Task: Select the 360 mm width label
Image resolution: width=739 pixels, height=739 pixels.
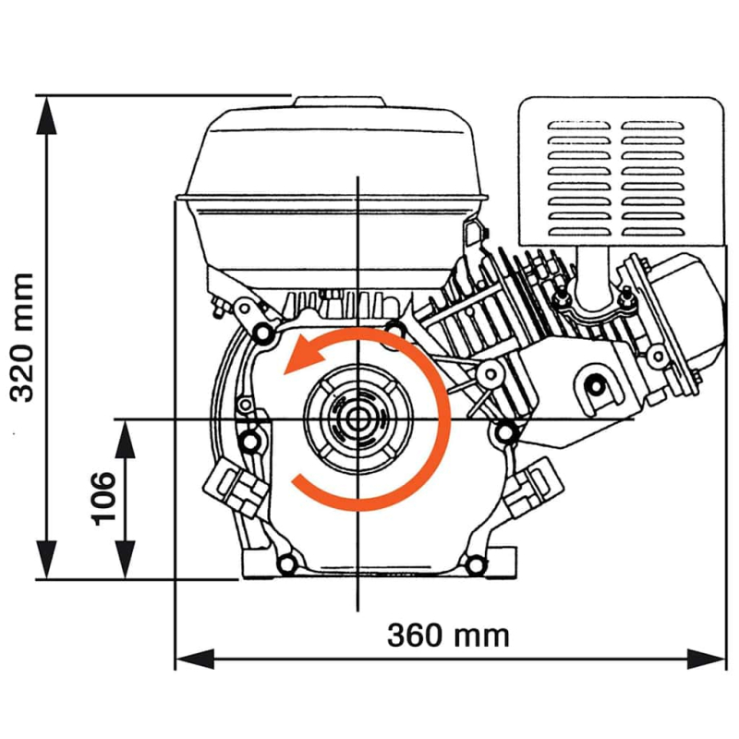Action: pyautogui.click(x=448, y=636)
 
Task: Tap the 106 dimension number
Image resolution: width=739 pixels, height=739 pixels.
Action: pyautogui.click(x=103, y=498)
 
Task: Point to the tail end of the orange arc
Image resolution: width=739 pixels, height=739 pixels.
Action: pyautogui.click(x=297, y=481)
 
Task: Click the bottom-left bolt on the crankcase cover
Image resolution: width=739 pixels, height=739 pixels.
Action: pyautogui.click(x=285, y=563)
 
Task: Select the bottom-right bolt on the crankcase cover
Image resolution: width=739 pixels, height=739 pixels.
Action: pyautogui.click(x=475, y=563)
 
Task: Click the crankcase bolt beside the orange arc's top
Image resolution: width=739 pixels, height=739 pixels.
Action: pyautogui.click(x=395, y=328)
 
